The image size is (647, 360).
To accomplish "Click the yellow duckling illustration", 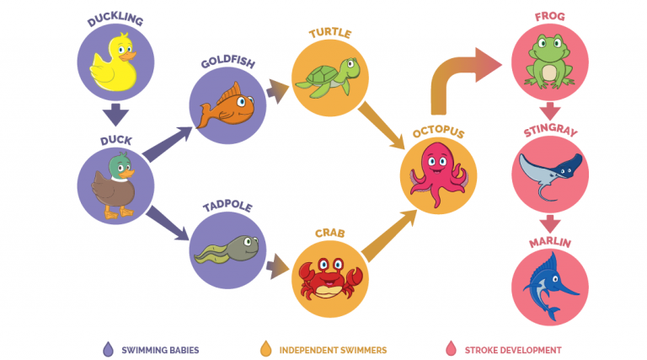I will tap(113, 63).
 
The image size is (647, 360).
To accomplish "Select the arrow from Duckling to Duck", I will tap(115, 114).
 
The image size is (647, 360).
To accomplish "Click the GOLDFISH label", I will tap(227, 63).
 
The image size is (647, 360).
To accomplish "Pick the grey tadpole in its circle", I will tap(227, 247).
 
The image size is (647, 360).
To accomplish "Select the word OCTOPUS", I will tap(437, 133).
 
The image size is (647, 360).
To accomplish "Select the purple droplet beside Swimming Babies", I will tap(107, 349).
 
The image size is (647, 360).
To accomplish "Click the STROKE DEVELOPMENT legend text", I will tap(512, 350).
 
